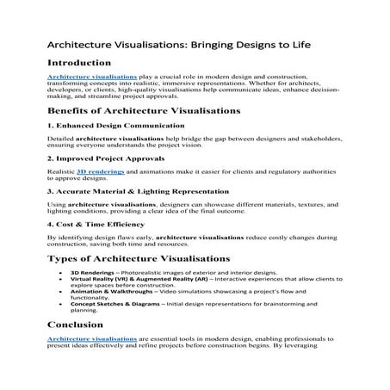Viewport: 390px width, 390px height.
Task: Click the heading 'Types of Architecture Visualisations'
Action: [139, 257]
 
